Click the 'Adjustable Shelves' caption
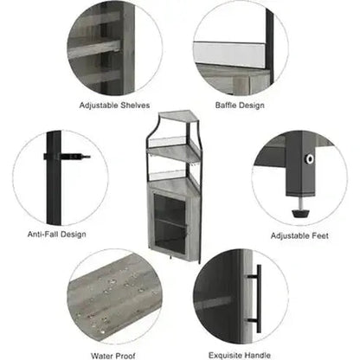[x=114, y=106]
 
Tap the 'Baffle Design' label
[x=240, y=106]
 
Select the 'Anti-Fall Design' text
[x=57, y=235]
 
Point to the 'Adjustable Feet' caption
[x=299, y=235]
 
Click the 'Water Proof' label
[x=113, y=356]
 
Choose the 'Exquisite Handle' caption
[x=240, y=356]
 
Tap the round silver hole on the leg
[x=310, y=158]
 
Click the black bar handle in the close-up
[x=258, y=298]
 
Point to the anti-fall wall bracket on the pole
[x=67, y=157]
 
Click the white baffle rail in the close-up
[x=229, y=54]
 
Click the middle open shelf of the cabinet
[x=173, y=152]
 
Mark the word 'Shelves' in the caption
[x=135, y=106]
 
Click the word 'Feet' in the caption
[x=320, y=235]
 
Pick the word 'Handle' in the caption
[x=257, y=356]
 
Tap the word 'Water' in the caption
[x=101, y=356]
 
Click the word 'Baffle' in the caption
[x=226, y=106]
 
